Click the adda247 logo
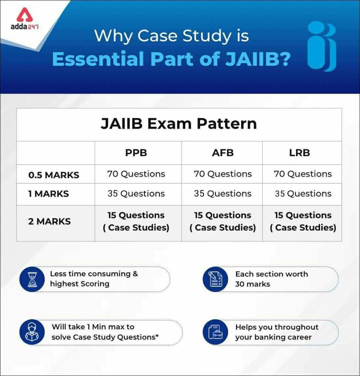24,19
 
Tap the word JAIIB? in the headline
258,59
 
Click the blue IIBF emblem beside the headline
322,46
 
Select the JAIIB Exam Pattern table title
179,124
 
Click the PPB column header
136,153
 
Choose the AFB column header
223,153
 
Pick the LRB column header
299,153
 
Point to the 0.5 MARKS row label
54,175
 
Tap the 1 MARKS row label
48,194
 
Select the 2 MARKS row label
49,221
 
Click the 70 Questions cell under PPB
136,174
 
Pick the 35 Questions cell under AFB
223,194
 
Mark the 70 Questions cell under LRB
303,174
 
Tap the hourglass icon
32,279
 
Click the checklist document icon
215,279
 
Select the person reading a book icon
32,332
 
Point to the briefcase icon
215,332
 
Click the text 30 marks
253,284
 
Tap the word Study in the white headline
207,36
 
